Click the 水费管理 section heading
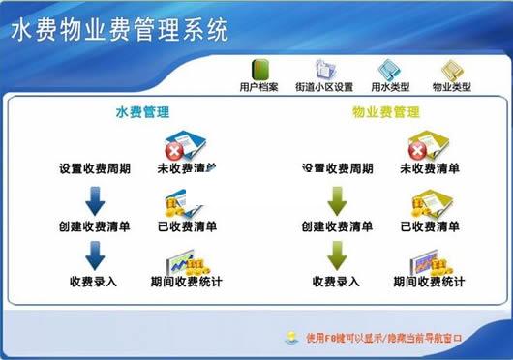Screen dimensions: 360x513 144,113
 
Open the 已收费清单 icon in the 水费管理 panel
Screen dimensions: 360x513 184,203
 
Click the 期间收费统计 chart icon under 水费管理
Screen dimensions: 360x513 184,261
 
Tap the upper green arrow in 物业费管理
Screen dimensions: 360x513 337,200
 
